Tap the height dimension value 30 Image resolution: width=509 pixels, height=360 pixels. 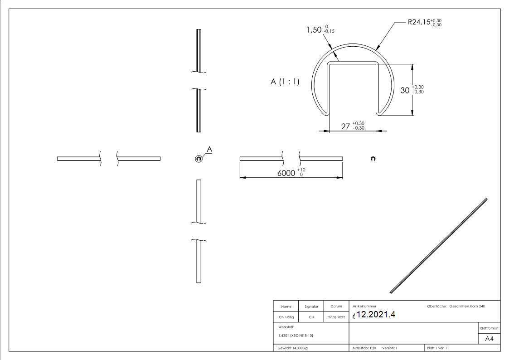(x=404, y=90)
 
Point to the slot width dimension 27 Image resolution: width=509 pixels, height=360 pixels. (x=346, y=127)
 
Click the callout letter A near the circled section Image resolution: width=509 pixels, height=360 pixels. (x=209, y=149)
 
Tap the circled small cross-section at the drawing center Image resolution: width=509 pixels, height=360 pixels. (x=198, y=158)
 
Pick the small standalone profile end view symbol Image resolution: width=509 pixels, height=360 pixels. (x=373, y=158)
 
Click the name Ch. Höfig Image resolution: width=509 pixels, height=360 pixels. (x=286, y=317)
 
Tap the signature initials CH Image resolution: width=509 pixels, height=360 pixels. (x=311, y=317)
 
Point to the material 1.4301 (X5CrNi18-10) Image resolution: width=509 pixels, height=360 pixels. (x=295, y=335)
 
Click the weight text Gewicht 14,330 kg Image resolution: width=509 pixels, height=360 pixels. (x=293, y=348)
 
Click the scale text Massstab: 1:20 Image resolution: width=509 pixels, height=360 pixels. (x=364, y=348)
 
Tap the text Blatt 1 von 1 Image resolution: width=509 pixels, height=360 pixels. (x=437, y=348)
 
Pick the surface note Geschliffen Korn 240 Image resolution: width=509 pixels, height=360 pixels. (x=467, y=306)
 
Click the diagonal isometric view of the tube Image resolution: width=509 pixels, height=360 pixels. (x=439, y=245)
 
